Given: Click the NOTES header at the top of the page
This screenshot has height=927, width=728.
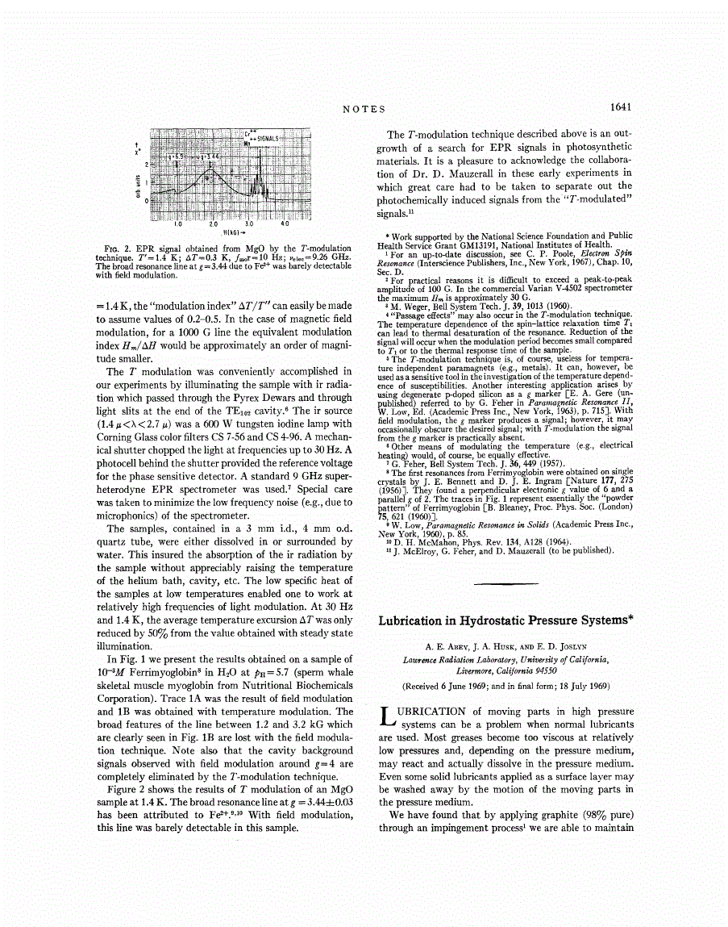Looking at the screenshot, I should pos(364,108).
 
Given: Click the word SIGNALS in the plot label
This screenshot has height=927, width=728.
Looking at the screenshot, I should pos(266,139).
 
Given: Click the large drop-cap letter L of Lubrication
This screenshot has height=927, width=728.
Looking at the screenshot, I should pos(386,719).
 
